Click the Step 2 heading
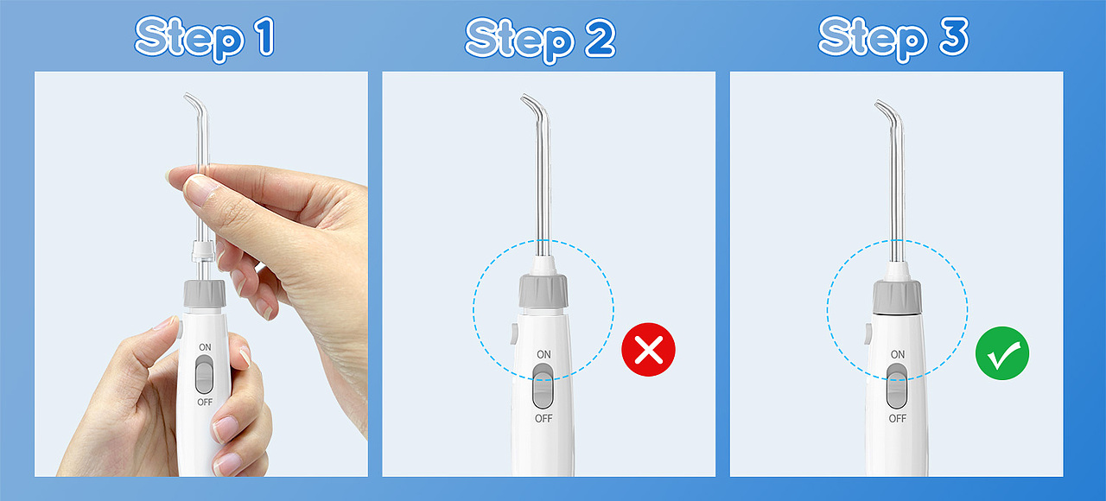tap(540, 40)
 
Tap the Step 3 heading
tap(893, 39)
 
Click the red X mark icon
tap(648, 350)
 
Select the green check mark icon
tap(1001, 353)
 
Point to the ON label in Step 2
tap(543, 354)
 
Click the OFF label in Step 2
tap(543, 419)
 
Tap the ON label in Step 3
tap(898, 354)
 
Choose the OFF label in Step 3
tap(897, 419)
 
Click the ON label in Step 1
tap(205, 347)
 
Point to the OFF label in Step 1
tap(205, 403)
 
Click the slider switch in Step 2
tap(543, 386)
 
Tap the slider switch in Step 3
tap(897, 386)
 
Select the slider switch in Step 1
tap(205, 375)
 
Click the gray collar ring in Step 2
tap(543, 291)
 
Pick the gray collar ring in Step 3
tap(897, 296)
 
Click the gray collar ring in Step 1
tap(205, 293)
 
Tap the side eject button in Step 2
tap(513, 333)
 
